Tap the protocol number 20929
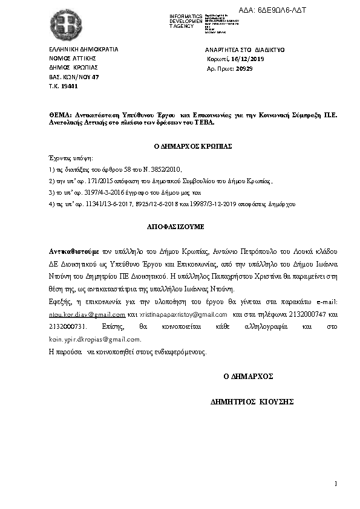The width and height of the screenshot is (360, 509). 244,70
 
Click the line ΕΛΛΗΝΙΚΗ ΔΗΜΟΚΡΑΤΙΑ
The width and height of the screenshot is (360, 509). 83,49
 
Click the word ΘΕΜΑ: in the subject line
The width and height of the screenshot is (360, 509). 61,115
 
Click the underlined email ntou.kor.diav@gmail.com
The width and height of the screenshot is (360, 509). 87,315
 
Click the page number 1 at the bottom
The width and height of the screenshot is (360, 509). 335,484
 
